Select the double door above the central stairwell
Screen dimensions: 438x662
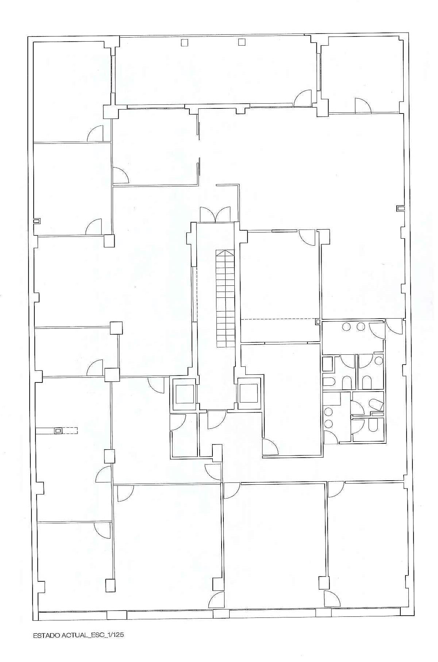click(215, 215)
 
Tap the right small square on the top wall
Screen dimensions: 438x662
click(241, 42)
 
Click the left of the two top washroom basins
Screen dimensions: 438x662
click(346, 327)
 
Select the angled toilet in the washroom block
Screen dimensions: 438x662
click(376, 404)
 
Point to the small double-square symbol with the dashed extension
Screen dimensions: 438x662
click(58, 431)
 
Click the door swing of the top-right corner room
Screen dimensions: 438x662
click(363, 105)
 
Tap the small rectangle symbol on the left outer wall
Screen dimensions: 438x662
click(36, 221)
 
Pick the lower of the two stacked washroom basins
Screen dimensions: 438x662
click(328, 423)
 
